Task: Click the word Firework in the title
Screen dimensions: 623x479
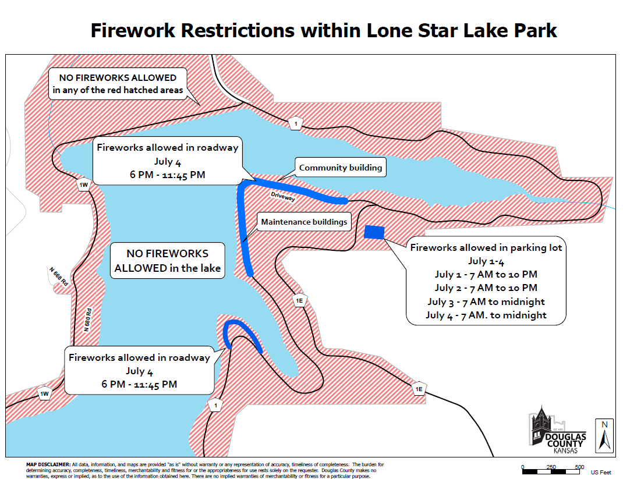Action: pyautogui.click(x=133, y=30)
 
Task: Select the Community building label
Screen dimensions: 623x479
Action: pyautogui.click(x=341, y=167)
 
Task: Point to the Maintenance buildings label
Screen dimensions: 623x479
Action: pyautogui.click(x=304, y=222)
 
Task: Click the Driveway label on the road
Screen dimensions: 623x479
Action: pyautogui.click(x=283, y=196)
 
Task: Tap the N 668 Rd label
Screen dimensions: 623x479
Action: pyautogui.click(x=59, y=276)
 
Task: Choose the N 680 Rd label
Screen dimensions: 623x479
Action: pyautogui.click(x=87, y=320)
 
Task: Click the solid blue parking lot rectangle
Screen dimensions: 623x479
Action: pyautogui.click(x=374, y=232)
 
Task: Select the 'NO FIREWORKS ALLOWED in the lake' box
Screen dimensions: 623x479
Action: pyautogui.click(x=167, y=261)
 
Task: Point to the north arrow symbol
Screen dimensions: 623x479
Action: pyautogui.click(x=604, y=436)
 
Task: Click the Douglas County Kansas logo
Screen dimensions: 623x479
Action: pyautogui.click(x=558, y=430)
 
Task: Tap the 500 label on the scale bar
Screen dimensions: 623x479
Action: pyautogui.click(x=579, y=467)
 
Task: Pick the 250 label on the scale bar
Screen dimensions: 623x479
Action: pyautogui.click(x=551, y=467)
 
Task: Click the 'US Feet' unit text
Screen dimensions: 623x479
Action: pyautogui.click(x=601, y=472)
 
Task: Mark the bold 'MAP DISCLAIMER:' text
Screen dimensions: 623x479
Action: pyautogui.click(x=48, y=464)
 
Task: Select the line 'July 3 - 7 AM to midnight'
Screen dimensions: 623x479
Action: pyautogui.click(x=486, y=302)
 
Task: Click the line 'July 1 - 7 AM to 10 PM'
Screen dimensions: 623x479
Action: pyautogui.click(x=486, y=275)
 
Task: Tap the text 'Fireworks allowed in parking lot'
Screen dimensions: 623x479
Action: pyautogui.click(x=486, y=247)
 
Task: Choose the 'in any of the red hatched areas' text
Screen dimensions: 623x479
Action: pyautogui.click(x=118, y=90)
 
